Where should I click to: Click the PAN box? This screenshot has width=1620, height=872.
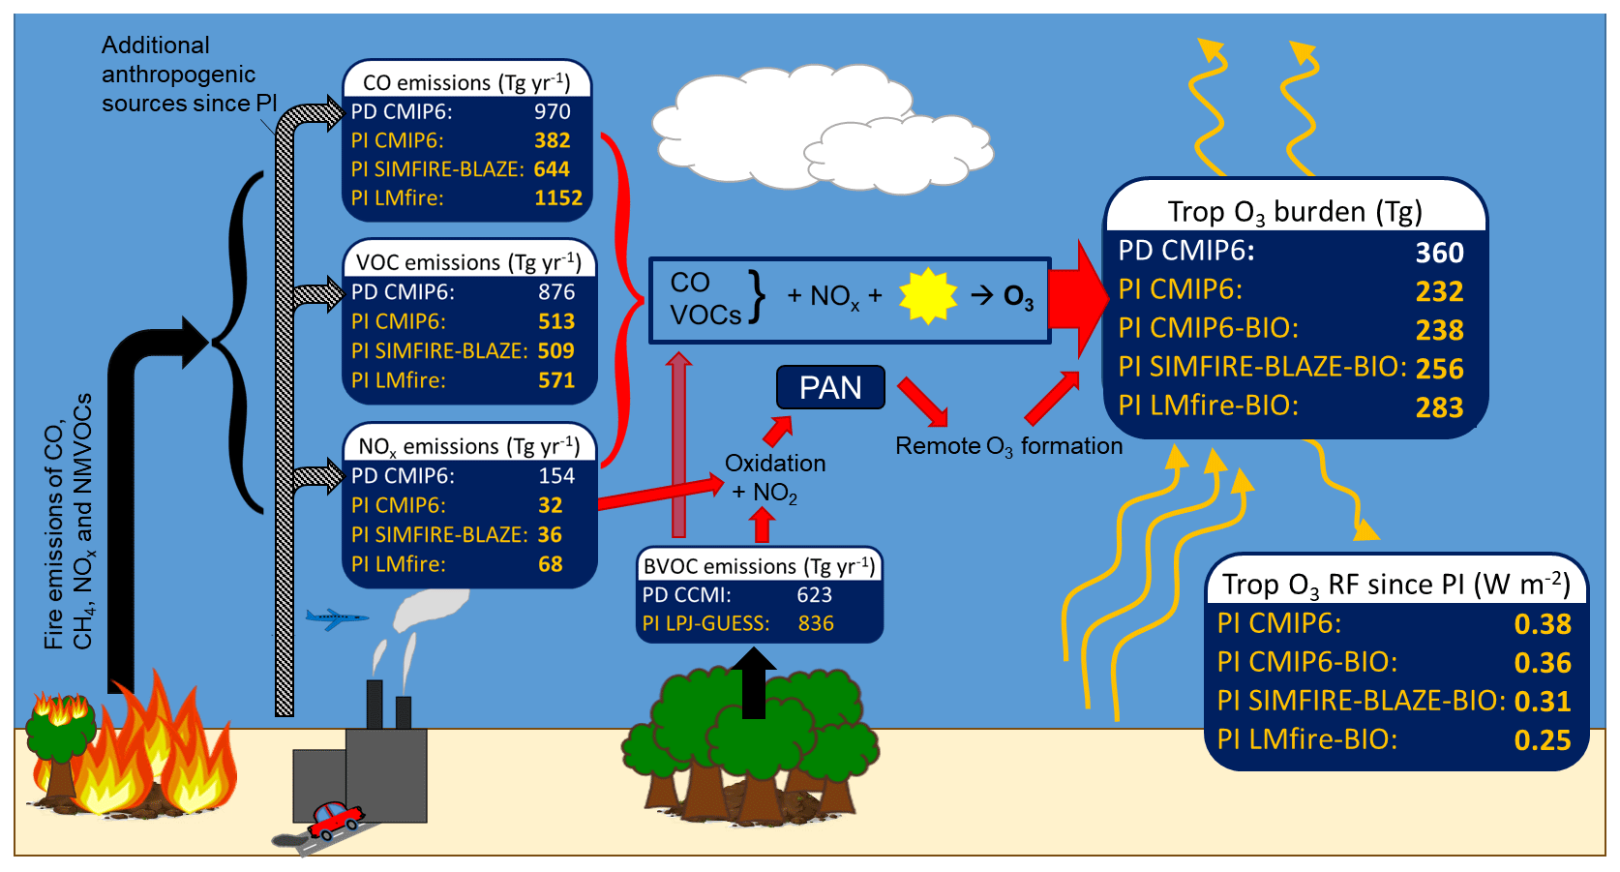point(830,387)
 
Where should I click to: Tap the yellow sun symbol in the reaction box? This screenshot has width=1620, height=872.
point(927,296)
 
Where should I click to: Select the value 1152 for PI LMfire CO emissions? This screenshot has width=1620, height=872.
point(558,198)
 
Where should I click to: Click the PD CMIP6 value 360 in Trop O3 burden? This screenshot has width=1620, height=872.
point(1439,253)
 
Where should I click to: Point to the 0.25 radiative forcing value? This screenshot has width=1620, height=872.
point(1542,740)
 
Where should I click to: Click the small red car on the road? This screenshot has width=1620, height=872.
point(335,819)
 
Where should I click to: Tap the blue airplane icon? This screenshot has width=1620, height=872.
point(335,617)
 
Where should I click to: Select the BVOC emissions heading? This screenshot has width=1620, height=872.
point(759,566)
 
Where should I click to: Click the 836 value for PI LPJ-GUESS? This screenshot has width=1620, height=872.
point(816,624)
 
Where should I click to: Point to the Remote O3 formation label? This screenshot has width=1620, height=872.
point(1008,446)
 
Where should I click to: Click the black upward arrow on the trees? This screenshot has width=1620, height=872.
point(753,682)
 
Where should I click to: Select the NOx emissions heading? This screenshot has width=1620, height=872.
point(469,446)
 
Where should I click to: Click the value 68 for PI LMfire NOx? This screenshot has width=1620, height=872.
point(551,564)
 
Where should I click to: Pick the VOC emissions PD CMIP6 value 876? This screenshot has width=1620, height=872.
point(556,292)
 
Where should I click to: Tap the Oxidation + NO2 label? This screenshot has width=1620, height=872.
point(774,478)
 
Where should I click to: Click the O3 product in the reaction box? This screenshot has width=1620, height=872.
point(1018,296)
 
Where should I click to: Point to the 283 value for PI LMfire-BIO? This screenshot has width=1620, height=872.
point(1439,407)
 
